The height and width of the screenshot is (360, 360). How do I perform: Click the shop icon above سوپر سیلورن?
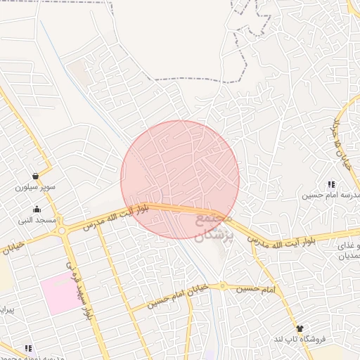tap(35, 176)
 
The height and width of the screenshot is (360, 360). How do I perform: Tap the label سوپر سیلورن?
tap(35, 188)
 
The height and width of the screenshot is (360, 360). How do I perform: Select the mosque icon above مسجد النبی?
tap(37, 210)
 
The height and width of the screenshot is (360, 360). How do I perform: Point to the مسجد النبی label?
tap(37, 221)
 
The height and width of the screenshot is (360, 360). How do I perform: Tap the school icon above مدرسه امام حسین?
tap(331, 184)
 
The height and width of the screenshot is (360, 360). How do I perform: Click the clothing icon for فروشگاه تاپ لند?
tap(300, 329)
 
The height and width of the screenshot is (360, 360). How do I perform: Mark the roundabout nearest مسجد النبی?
tap(62, 231)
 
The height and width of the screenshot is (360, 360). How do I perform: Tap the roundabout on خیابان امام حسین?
tap(222, 286)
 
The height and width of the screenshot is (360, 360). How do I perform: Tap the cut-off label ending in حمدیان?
tap(350, 256)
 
